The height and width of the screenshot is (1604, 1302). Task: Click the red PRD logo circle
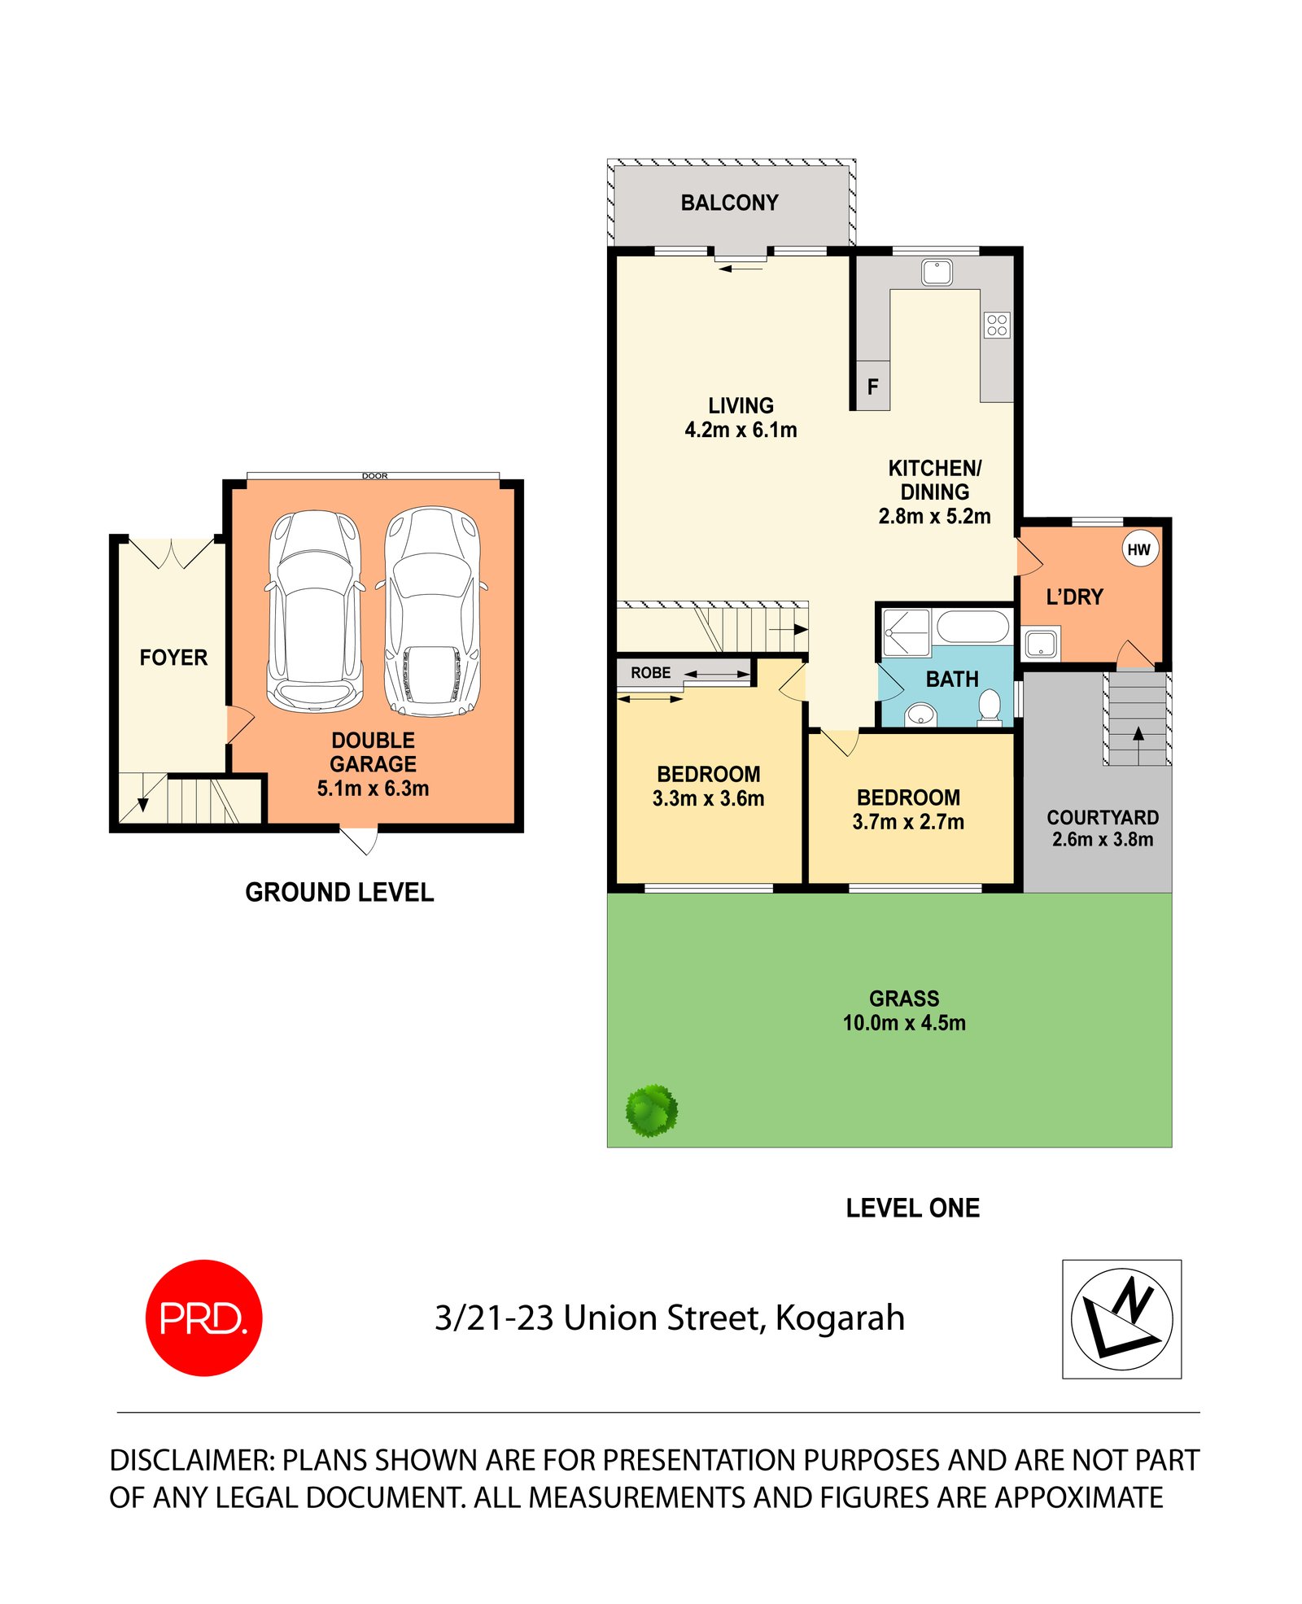pos(203,1317)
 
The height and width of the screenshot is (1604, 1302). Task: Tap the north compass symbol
pos(1121,1318)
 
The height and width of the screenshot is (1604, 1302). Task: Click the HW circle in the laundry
pos(1138,549)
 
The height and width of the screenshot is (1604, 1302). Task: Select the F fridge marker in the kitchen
pos(872,387)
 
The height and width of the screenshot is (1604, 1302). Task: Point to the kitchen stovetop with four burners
pos(997,325)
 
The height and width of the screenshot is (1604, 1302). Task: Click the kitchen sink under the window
pos(937,272)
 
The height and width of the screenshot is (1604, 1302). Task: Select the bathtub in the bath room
pos(972,627)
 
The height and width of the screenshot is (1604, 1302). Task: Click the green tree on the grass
pos(651,1110)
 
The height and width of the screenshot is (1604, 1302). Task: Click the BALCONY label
pos(729,203)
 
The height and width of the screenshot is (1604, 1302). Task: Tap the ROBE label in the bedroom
pos(650,673)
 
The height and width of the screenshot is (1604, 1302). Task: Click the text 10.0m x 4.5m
pos(903,1023)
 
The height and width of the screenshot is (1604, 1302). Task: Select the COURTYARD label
pos(1102,817)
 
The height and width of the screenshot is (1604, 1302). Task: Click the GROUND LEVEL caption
pos(339,892)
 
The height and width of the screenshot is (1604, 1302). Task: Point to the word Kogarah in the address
pos(839,1318)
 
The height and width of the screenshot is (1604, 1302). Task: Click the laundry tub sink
pos(1041,643)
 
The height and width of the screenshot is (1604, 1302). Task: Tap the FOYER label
pos(173,657)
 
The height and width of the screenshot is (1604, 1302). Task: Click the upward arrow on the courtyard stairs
pos(1138,734)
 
